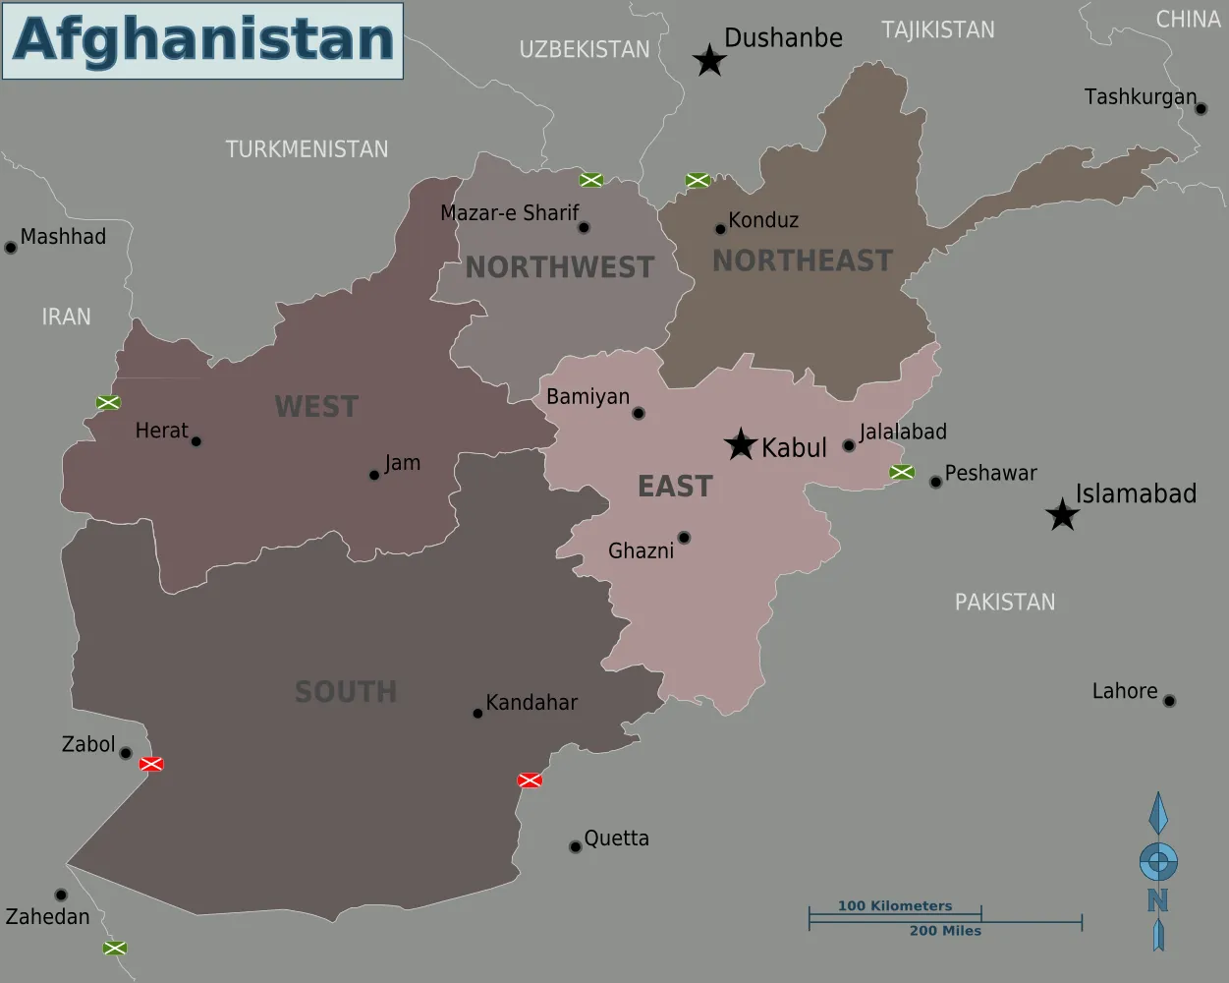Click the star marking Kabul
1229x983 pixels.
(741, 444)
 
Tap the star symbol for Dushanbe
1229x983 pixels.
(709, 61)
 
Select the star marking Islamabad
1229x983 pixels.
(1062, 515)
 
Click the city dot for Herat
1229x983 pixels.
(196, 441)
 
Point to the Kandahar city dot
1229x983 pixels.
(477, 714)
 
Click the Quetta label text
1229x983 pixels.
(616, 838)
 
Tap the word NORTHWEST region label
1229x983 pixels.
(559, 267)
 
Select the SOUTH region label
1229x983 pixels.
(346, 692)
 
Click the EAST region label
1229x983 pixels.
(675, 487)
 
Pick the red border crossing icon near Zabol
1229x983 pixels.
(151, 764)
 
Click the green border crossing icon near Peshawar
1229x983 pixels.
(902, 473)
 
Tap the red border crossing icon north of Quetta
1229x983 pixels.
(530, 781)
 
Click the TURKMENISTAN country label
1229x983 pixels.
(307, 149)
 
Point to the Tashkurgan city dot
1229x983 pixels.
(1201, 109)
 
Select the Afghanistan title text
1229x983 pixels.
(203, 40)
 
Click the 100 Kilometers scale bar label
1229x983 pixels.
(895, 906)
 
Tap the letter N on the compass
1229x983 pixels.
(1157, 900)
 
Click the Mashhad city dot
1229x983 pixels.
(11, 248)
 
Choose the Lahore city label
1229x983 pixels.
(1125, 691)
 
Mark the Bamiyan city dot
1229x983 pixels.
(639, 414)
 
